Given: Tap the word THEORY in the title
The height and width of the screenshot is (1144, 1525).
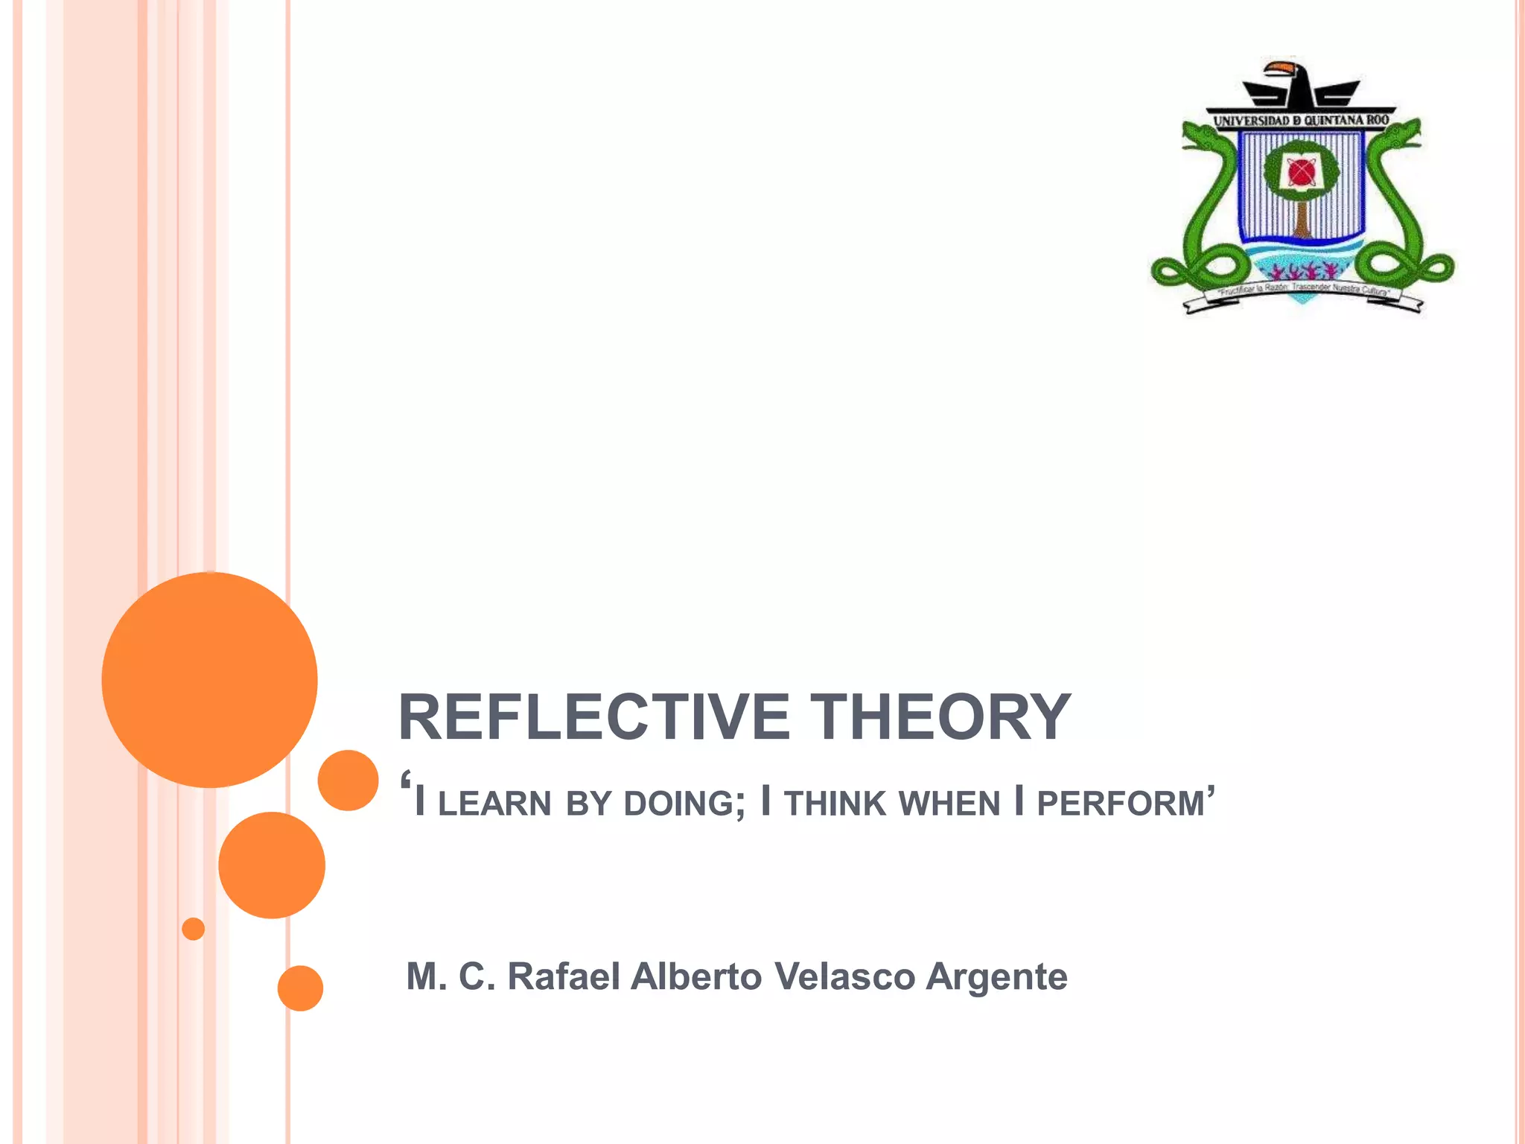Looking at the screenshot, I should [940, 717].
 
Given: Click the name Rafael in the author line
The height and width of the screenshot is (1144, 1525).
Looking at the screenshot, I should [563, 976].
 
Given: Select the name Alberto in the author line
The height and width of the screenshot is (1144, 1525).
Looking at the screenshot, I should [696, 976].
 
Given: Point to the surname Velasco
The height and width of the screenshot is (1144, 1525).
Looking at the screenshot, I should [844, 976].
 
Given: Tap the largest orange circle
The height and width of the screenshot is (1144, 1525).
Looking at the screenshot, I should [209, 679].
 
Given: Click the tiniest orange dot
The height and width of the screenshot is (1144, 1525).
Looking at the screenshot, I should [193, 929].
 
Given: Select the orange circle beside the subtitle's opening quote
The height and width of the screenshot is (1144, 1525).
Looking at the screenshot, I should [348, 780].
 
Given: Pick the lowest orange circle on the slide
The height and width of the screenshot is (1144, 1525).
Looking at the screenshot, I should [300, 988].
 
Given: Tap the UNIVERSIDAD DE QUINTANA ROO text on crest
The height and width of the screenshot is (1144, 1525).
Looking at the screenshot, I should [1301, 121].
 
